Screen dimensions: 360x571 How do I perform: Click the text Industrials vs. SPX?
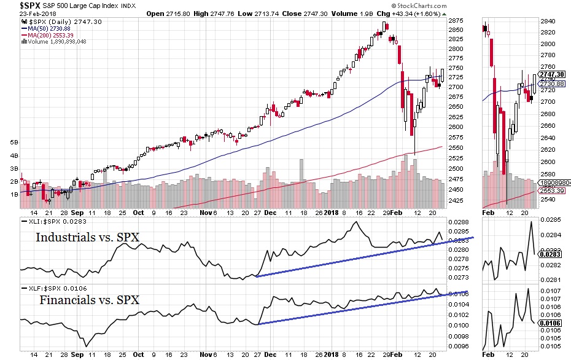[x=87, y=237]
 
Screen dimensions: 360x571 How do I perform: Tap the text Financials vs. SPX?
[x=89, y=300]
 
